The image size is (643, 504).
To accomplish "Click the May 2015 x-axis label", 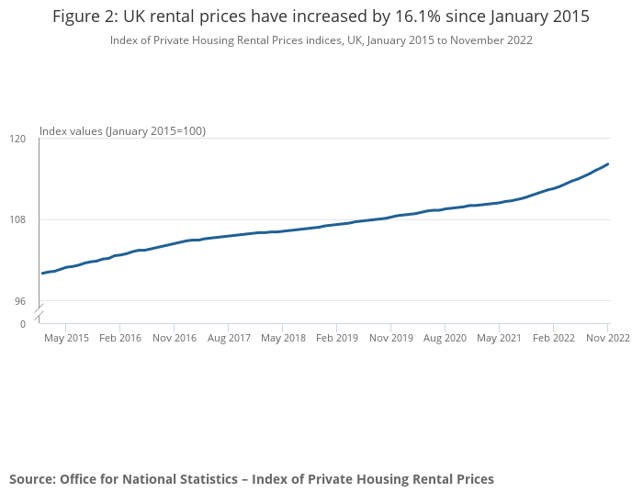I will (66, 338).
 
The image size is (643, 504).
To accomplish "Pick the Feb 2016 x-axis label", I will (120, 338).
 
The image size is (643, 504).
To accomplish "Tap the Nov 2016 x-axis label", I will (175, 338).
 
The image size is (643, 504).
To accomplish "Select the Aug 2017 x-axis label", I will (229, 338).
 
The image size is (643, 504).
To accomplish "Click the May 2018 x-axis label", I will (283, 338).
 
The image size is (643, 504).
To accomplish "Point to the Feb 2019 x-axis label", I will (337, 338).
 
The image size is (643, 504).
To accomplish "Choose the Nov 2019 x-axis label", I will (391, 338).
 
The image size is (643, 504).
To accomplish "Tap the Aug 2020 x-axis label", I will (446, 338).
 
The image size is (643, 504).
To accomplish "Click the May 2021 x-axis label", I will (500, 338).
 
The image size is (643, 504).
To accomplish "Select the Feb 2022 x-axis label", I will (554, 338).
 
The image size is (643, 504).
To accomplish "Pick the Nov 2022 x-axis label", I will (607, 338).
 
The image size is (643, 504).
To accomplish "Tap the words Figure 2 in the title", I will (84, 17).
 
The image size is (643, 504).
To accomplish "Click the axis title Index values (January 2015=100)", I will (122, 131).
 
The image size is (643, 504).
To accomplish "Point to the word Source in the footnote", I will (31, 479).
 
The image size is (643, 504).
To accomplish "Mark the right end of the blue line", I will (608, 164).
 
